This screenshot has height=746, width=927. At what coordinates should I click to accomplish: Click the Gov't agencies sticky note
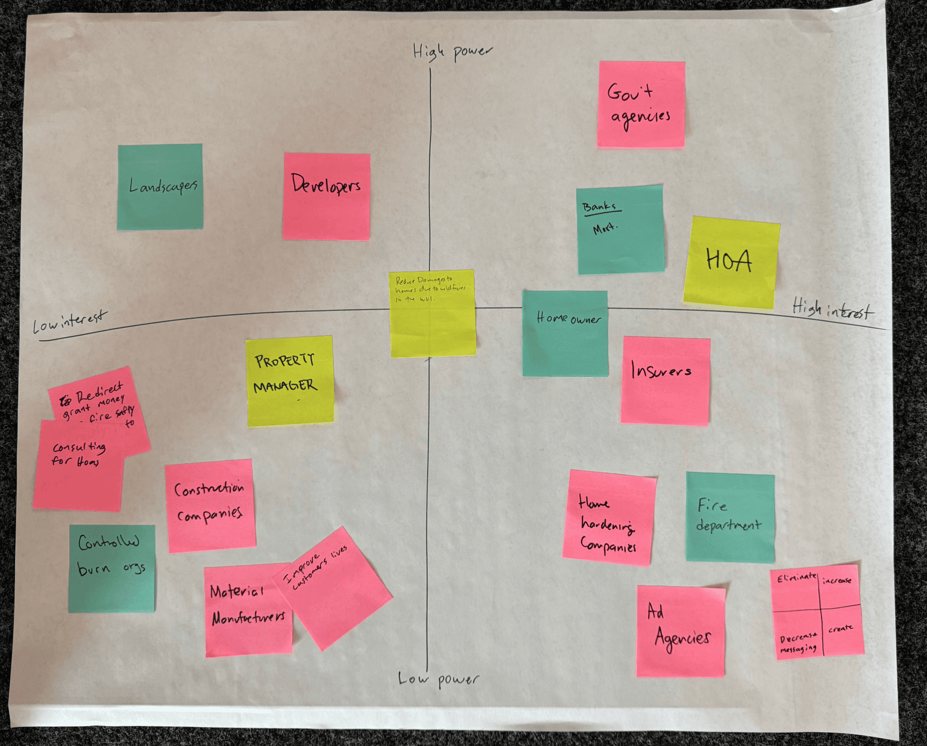[x=641, y=104]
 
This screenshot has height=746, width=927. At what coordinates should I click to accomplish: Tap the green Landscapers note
[x=160, y=187]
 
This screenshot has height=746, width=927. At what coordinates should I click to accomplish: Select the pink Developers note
[x=326, y=197]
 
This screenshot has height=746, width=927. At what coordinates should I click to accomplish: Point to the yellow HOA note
[x=731, y=262]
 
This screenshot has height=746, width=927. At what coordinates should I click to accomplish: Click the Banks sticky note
[x=620, y=230]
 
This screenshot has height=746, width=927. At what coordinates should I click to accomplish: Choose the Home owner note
[x=565, y=334]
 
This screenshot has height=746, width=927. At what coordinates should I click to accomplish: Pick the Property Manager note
[x=290, y=381]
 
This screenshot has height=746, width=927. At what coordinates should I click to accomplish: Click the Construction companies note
[x=210, y=505]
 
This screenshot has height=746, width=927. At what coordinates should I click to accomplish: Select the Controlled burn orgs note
[x=112, y=568]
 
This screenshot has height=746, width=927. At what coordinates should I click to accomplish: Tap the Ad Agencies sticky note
[x=680, y=631]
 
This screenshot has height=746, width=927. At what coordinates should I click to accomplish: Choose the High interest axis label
[x=833, y=309]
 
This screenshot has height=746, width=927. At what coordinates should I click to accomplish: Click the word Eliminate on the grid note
[x=796, y=578]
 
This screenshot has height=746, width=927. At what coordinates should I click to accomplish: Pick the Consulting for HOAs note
[x=78, y=466]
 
